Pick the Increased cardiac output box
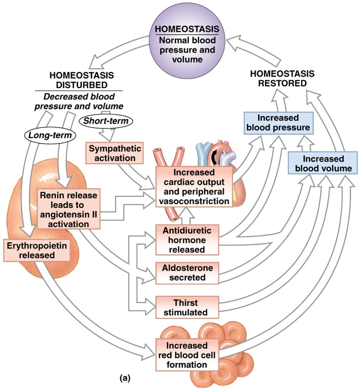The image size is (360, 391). point(194,186)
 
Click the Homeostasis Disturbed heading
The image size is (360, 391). point(79,80)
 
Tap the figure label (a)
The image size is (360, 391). point(124,377)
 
